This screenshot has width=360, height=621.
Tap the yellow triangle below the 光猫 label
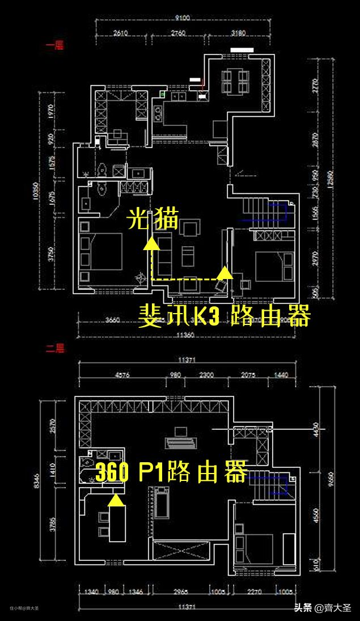pyautogui.click(x=151, y=244)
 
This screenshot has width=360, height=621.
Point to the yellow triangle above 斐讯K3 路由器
pyautogui.click(x=225, y=273)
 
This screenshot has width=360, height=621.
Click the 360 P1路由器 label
pyautogui.click(x=171, y=472)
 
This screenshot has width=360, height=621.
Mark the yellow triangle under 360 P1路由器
pyautogui.click(x=116, y=500)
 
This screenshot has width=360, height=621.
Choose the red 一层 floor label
pyautogui.click(x=54, y=46)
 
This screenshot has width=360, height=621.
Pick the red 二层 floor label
pyautogui.click(x=54, y=349)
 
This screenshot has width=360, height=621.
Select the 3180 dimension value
pyautogui.click(x=239, y=33)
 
